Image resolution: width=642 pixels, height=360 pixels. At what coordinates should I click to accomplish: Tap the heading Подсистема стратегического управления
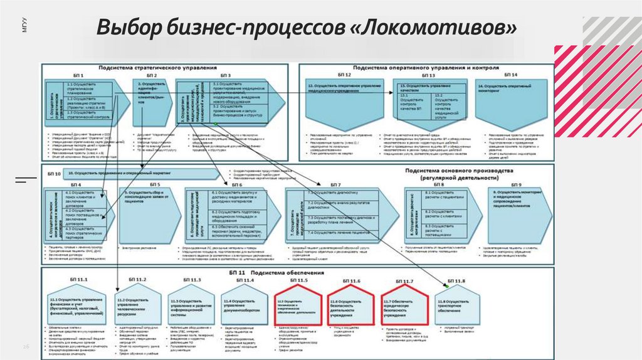(157, 67)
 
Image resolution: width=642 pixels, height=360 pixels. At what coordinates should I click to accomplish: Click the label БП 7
(335, 184)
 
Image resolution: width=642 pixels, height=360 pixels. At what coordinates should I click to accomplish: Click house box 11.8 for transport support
(460, 304)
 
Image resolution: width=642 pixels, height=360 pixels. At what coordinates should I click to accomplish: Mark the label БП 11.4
(244, 280)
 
